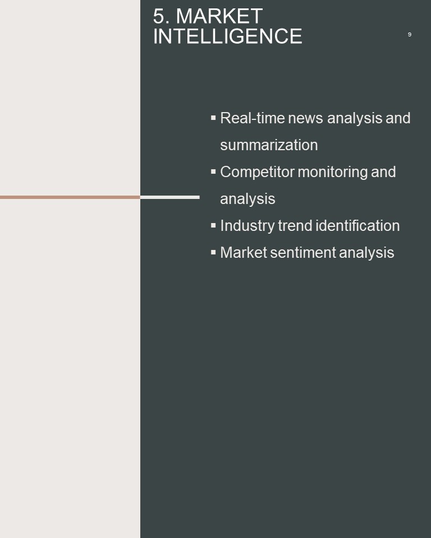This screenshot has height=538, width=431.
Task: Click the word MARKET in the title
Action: [219, 16]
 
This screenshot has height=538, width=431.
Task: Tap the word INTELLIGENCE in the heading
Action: [227, 36]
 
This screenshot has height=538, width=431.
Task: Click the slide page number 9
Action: [409, 34]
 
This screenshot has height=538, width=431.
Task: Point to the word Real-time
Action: [253, 118]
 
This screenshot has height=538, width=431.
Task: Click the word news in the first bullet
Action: [305, 118]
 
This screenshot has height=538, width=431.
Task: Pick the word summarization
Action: [269, 145]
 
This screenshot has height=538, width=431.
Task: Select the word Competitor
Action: [257, 172]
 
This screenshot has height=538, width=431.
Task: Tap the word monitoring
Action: [333, 172]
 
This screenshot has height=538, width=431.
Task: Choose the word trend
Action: [295, 226]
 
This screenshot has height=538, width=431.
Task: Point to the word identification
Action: [358, 226]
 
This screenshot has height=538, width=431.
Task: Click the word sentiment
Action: [303, 253]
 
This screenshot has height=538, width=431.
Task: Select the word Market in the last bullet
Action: [244, 253]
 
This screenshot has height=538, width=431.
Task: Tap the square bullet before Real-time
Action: [213, 118]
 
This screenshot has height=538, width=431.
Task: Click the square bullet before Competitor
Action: [213, 171]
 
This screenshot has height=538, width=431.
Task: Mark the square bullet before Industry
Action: [213, 225]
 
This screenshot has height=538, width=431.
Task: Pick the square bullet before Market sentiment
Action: [213, 252]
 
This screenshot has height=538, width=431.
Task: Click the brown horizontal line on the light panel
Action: [70, 197]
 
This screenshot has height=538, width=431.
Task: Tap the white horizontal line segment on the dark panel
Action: [170, 197]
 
